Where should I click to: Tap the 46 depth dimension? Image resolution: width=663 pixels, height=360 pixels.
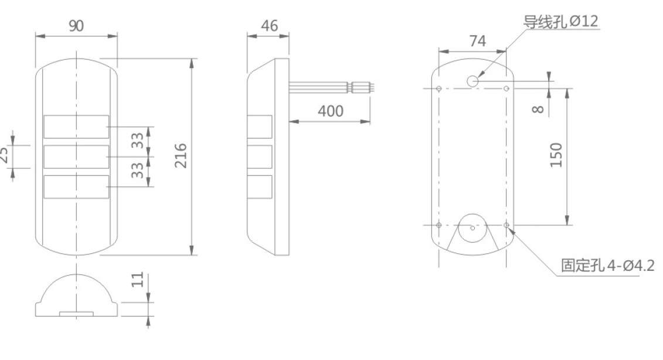269,26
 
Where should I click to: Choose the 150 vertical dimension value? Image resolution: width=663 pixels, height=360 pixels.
556,155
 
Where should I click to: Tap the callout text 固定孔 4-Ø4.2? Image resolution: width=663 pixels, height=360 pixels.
607,266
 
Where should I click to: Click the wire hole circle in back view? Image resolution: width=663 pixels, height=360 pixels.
473,81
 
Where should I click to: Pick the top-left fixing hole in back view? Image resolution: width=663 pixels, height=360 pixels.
440,89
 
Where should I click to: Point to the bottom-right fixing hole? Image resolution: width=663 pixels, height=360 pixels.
506,225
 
